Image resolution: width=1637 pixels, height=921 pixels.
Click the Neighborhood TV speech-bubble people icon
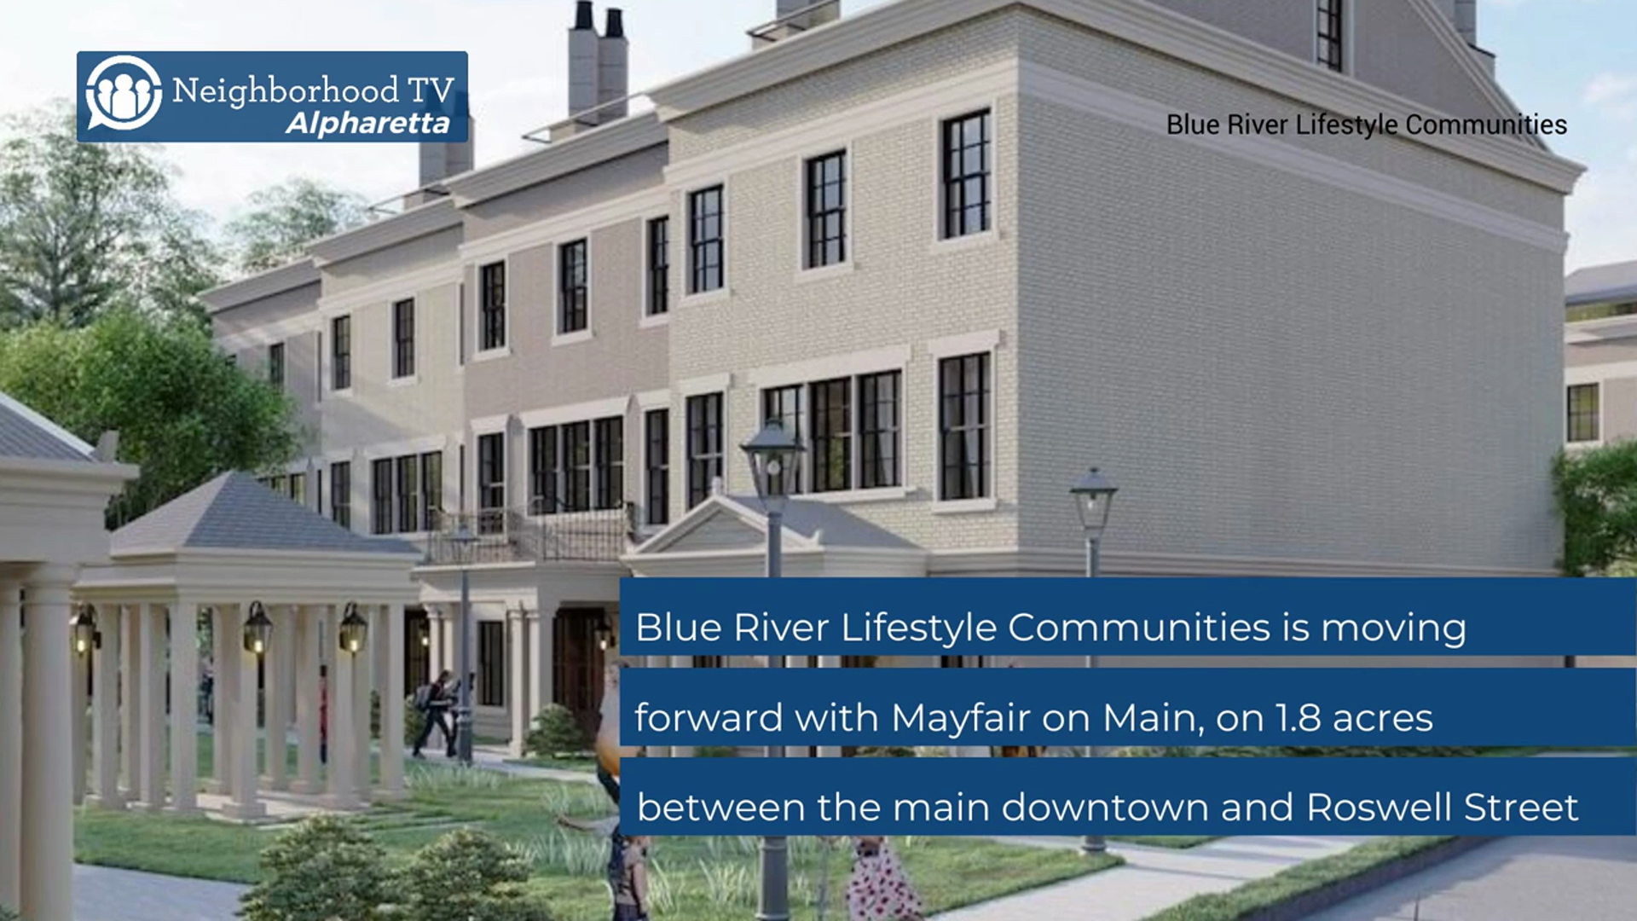point(124,93)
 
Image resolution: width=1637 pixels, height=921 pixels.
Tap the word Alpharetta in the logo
point(367,124)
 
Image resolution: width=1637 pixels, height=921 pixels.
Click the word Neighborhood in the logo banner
point(286,90)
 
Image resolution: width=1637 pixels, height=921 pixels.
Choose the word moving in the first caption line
point(1394,628)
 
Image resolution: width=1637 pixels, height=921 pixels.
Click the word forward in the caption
point(709,718)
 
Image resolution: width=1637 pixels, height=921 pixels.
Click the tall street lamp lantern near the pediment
point(772,460)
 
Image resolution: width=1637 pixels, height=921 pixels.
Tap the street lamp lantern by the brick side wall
point(1093,503)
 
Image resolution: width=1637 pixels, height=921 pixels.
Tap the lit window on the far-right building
point(1582,414)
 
